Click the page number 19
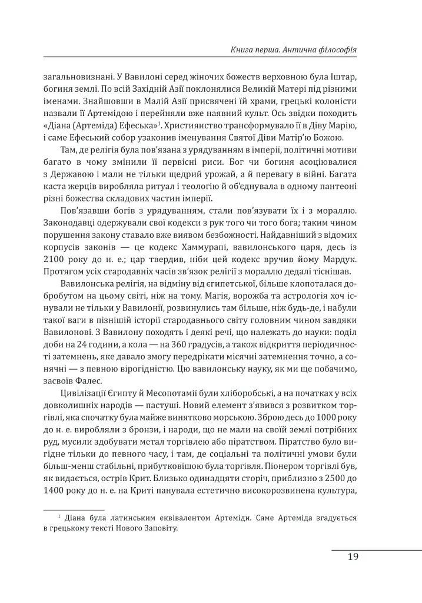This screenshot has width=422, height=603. (353, 557)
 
